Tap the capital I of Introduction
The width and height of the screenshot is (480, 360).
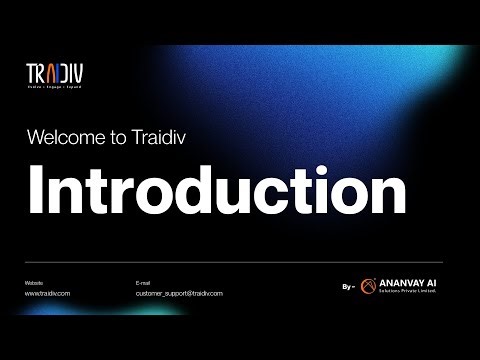coord(36,190)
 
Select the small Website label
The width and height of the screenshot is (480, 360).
coord(34,284)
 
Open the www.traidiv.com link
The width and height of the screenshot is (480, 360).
coord(48,294)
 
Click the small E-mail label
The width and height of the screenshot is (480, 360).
coord(142,284)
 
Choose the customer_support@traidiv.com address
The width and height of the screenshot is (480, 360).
coord(179,294)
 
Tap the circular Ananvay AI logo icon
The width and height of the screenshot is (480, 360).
coord(368,287)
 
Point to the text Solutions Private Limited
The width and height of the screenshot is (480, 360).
coord(407,292)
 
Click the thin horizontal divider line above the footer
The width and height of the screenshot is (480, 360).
coord(240,264)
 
